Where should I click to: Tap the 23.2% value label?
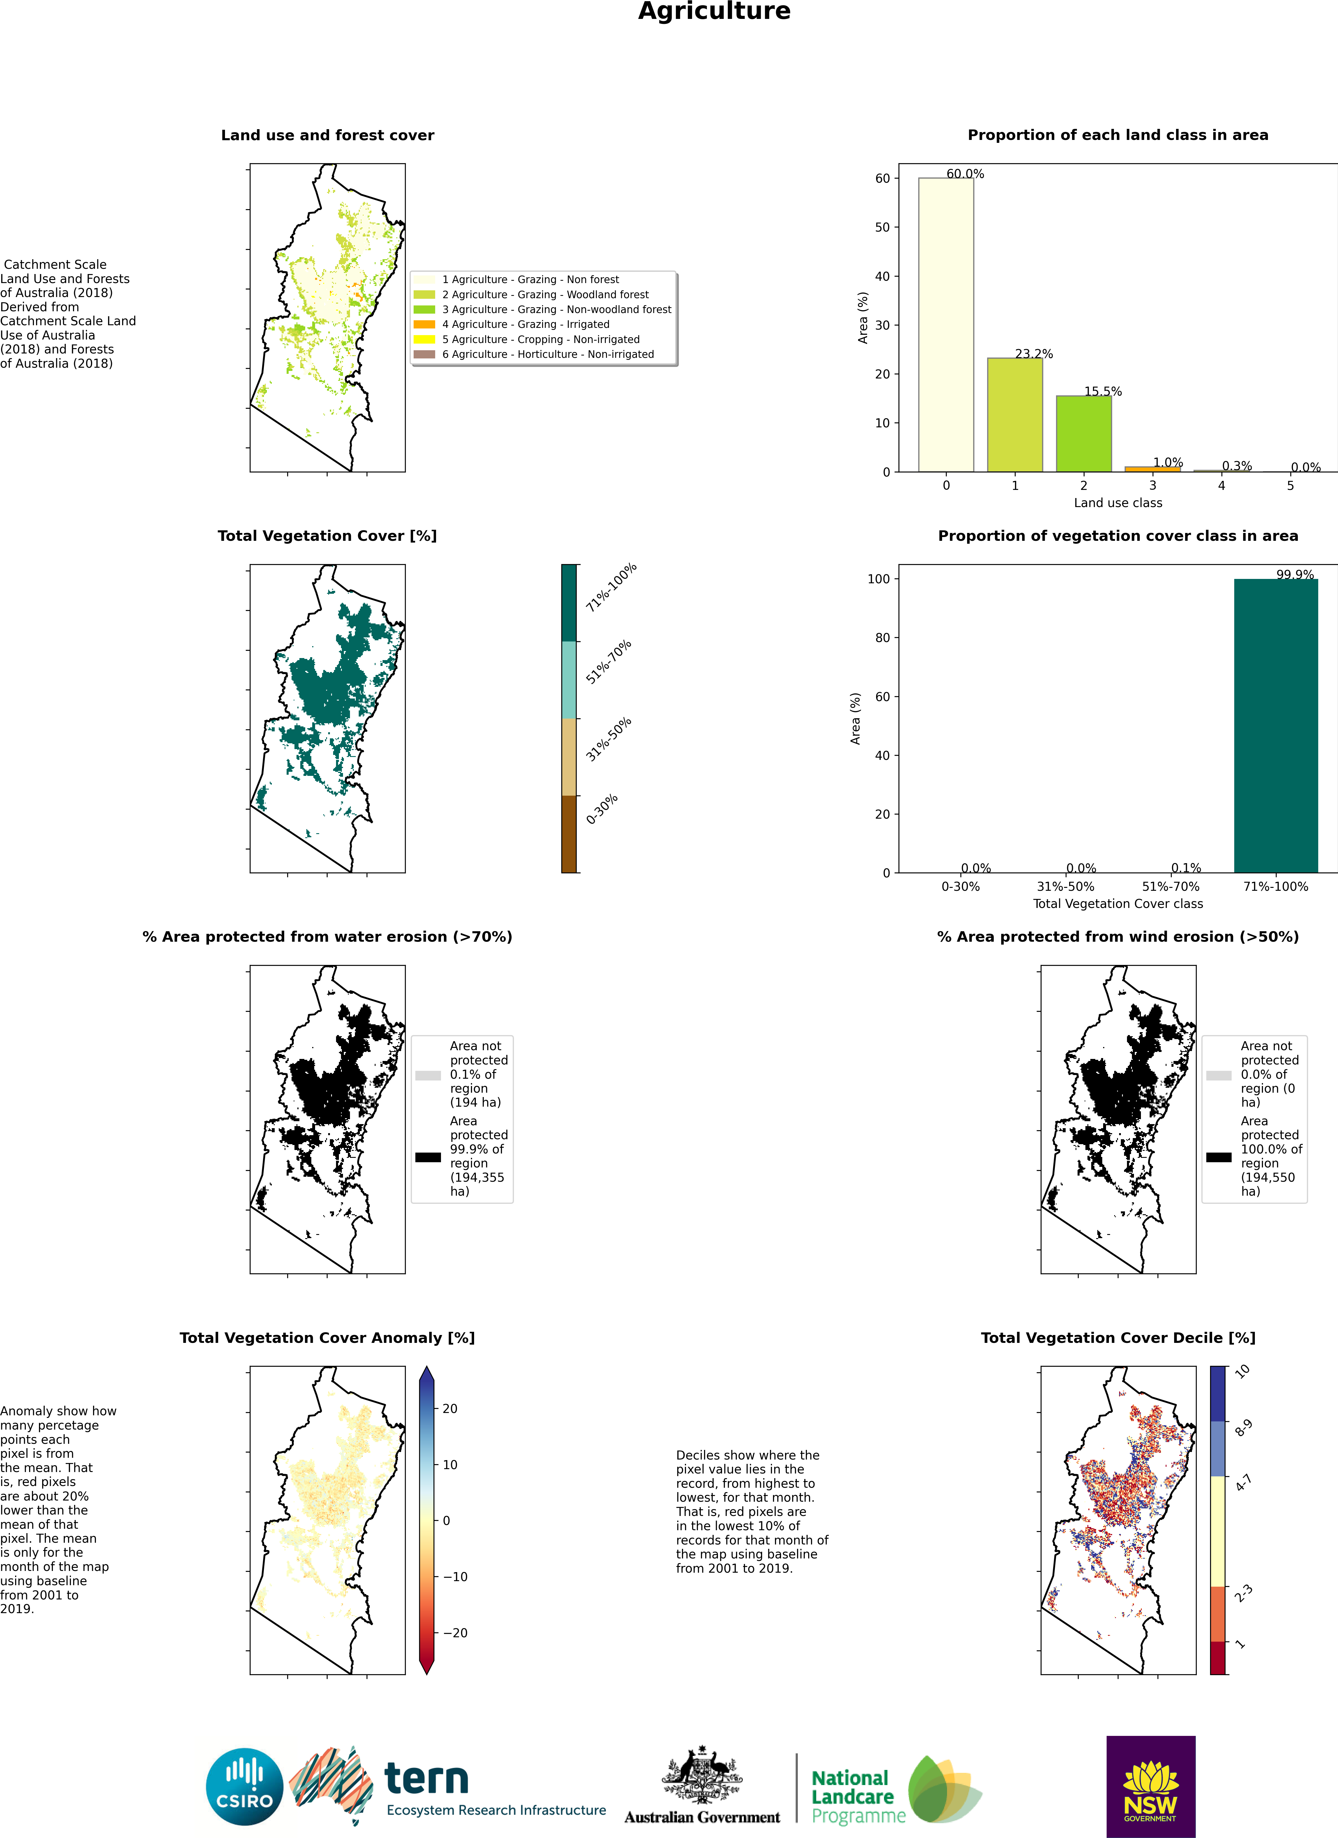[1033, 354]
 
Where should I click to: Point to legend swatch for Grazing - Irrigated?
[424, 324]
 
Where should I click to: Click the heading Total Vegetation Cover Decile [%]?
[1118, 1338]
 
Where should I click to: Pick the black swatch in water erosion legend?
[428, 1157]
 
